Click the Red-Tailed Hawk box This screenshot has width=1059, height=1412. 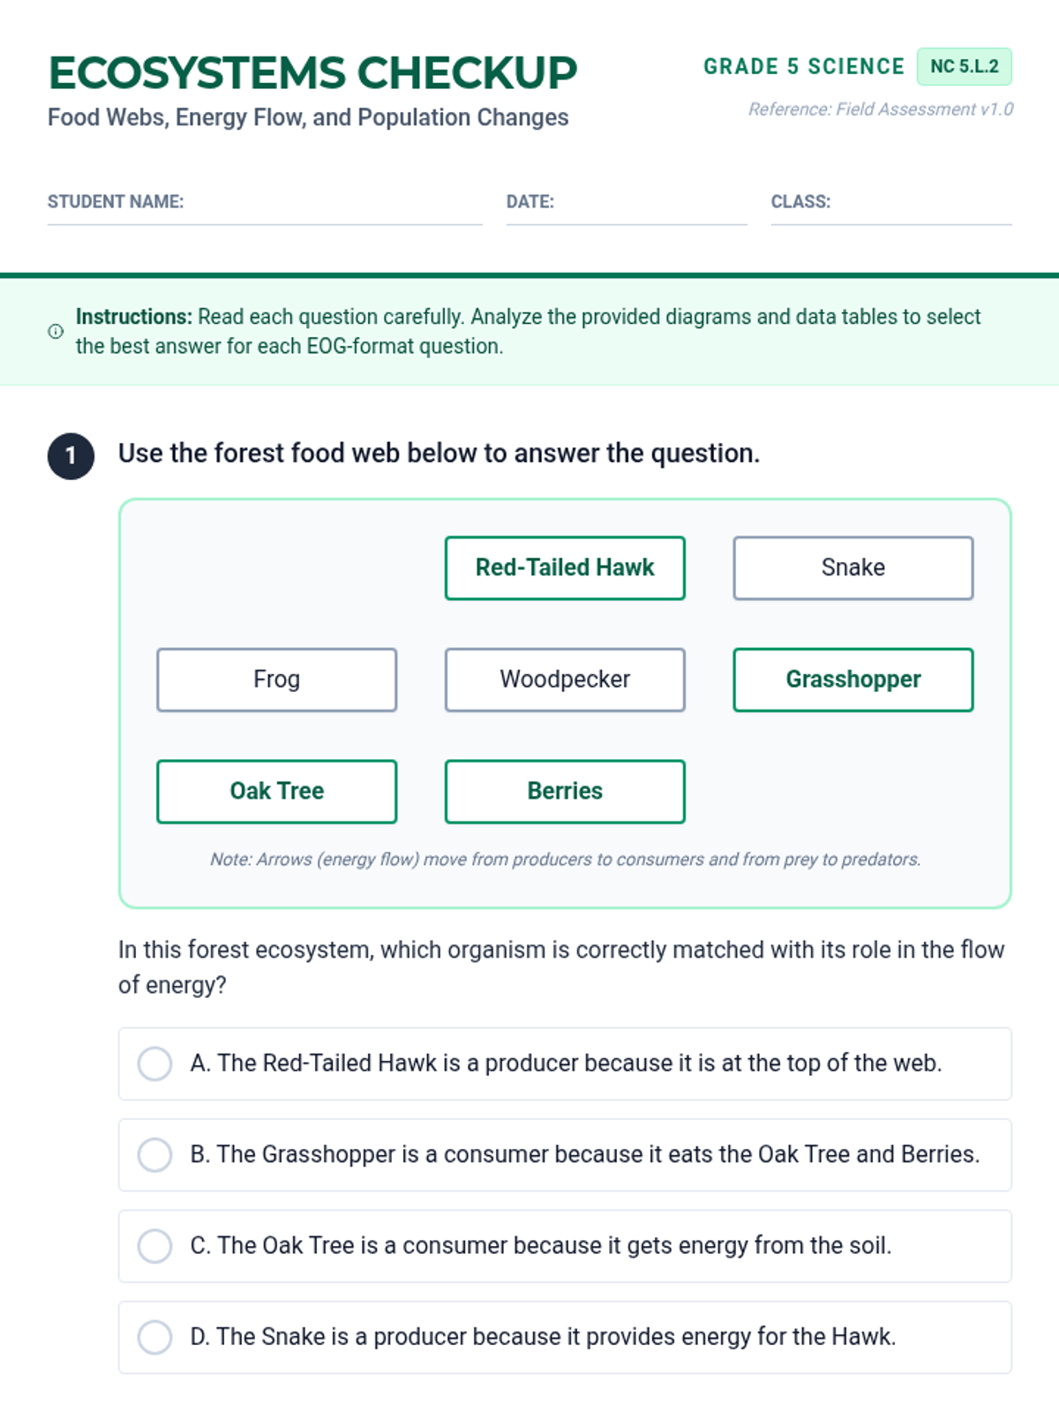coord(565,567)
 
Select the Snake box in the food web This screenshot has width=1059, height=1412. coord(852,567)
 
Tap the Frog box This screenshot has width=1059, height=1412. coord(276,680)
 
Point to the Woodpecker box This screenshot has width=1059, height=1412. coord(565,680)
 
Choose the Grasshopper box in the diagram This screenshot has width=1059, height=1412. coord(852,680)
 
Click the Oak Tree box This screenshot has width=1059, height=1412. coord(276,792)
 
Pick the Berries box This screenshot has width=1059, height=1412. coord(565,792)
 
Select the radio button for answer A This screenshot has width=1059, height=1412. coord(154,1063)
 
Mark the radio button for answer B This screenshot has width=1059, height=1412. coord(154,1154)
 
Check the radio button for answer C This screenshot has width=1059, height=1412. coord(154,1246)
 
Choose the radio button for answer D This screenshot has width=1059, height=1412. coord(154,1337)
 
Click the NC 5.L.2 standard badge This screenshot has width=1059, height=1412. coord(964,66)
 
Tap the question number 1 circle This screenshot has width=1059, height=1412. coord(71,456)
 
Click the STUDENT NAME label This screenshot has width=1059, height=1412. coord(116,202)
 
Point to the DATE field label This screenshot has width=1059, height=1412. coord(529,202)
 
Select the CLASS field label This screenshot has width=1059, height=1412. coord(800,202)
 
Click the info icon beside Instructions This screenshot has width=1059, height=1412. coord(56,331)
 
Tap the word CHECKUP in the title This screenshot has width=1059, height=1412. coord(467,72)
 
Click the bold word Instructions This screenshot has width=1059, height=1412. coord(134,317)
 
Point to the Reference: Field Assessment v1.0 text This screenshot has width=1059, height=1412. coord(881,109)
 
